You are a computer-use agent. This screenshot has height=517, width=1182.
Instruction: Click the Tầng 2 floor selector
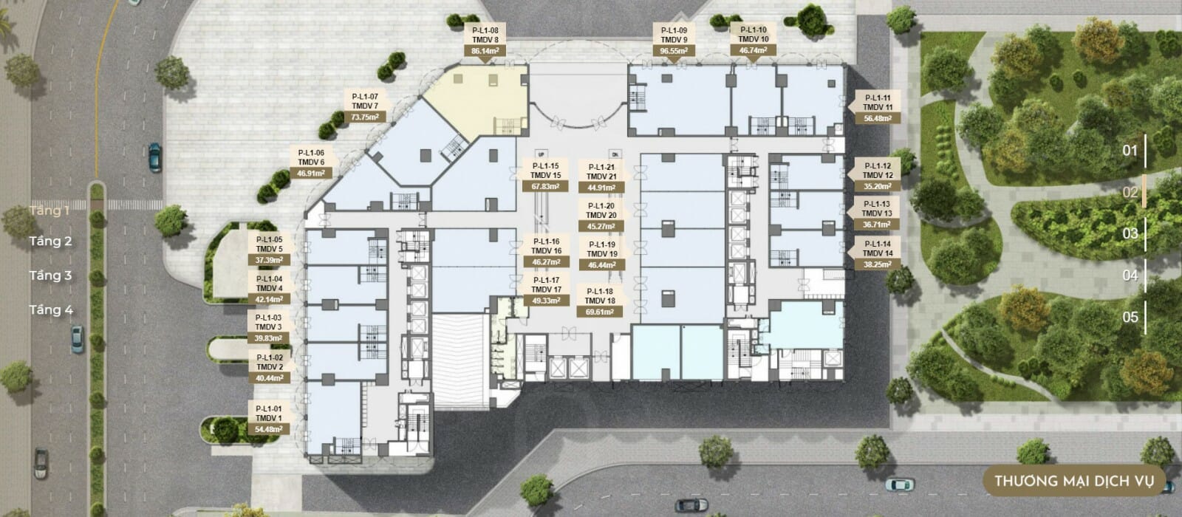click(x=50, y=242)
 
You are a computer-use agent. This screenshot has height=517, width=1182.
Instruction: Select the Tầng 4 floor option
click(x=51, y=309)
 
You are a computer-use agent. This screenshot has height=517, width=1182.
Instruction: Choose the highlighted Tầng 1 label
click(x=49, y=210)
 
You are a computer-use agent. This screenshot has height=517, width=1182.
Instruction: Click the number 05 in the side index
click(x=1130, y=317)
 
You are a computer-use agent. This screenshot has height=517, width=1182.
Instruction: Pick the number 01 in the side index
click(x=1130, y=151)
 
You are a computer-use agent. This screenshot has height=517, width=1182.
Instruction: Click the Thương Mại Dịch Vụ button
click(x=1074, y=481)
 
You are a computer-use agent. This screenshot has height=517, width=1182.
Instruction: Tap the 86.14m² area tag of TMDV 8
click(x=485, y=51)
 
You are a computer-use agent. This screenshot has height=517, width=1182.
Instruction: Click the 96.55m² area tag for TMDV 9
click(x=674, y=51)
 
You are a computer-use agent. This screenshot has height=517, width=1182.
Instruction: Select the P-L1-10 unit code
click(x=753, y=30)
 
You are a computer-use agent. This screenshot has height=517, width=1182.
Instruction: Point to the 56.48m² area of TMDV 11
click(x=878, y=119)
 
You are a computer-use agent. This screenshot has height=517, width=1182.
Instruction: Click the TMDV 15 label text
click(x=546, y=175)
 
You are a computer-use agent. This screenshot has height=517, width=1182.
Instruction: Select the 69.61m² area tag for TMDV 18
click(x=599, y=312)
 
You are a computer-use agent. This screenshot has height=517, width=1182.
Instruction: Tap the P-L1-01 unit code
click(x=269, y=409)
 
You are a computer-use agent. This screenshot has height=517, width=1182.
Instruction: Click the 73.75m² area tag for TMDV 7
click(x=365, y=117)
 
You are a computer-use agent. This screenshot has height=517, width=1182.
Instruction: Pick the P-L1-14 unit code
click(x=878, y=244)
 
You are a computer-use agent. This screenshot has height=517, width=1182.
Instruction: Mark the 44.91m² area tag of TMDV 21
click(x=601, y=188)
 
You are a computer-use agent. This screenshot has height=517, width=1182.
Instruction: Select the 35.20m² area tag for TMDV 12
click(x=878, y=186)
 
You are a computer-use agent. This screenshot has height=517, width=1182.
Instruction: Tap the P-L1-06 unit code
click(x=311, y=153)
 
